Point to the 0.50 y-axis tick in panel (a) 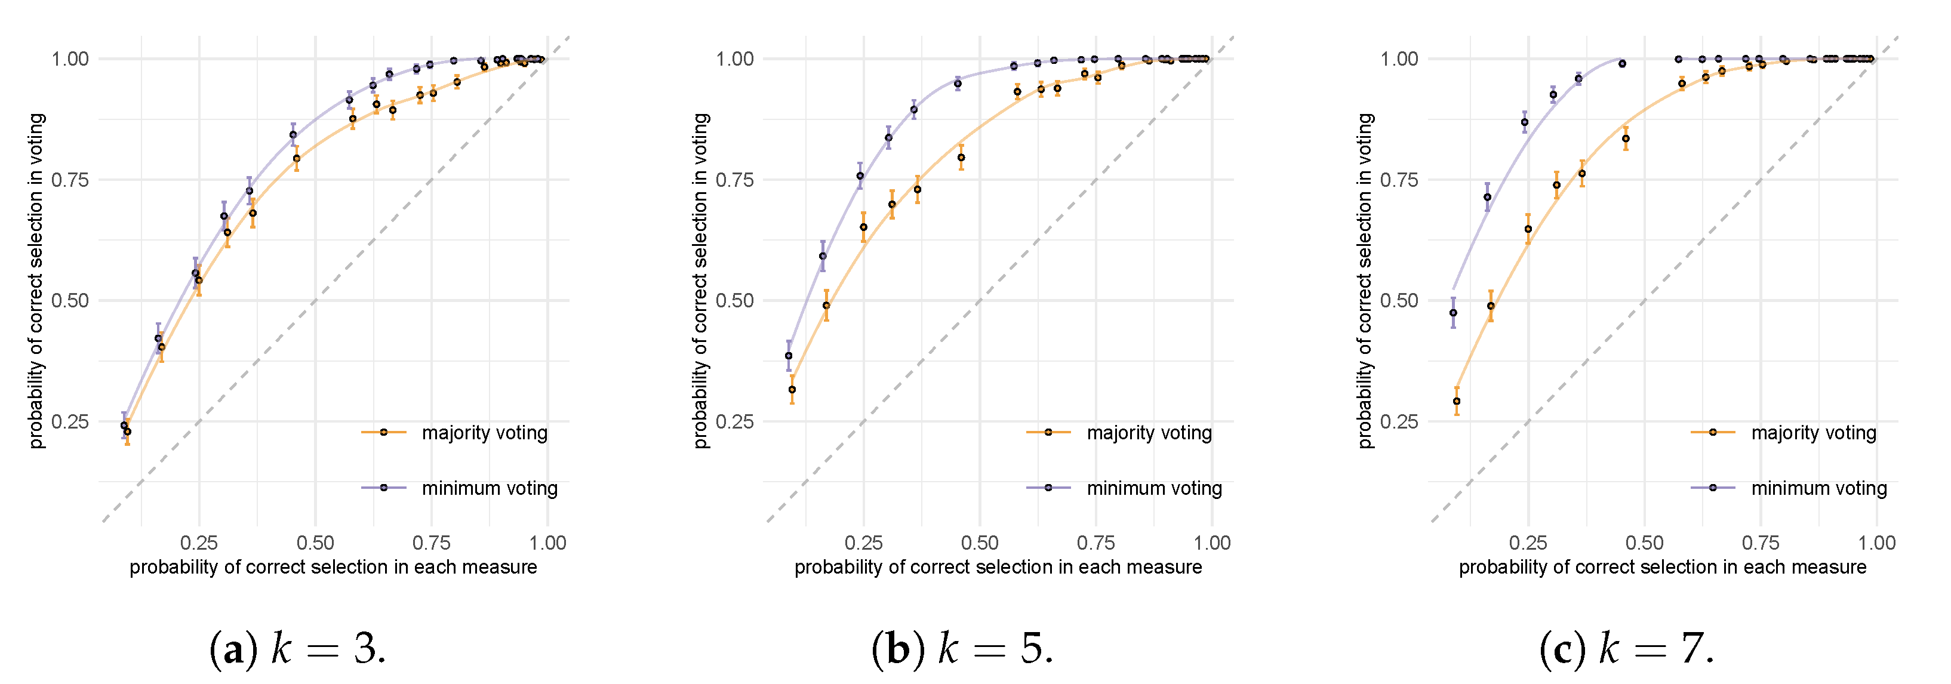point(70,301)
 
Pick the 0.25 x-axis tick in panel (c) point(1528,543)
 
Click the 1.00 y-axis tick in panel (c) point(1399,59)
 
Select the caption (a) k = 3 point(298,649)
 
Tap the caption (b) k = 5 point(962,649)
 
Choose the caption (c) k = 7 point(1627,649)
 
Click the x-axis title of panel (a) point(333,568)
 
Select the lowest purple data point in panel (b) point(789,356)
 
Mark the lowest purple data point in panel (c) point(1453,313)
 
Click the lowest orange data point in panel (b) point(792,390)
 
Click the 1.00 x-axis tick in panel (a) point(547,543)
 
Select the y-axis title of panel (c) point(1365,281)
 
